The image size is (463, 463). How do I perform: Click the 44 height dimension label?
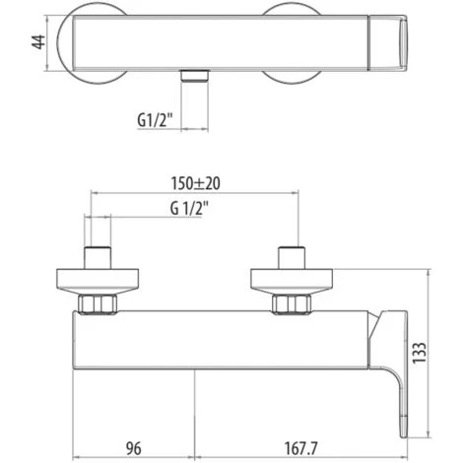click(39, 41)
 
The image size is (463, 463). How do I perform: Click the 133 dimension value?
click(420, 353)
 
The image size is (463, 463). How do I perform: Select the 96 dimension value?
click(134, 449)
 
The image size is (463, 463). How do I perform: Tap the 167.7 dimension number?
click(300, 449)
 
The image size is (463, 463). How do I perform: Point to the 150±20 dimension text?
click(195, 183)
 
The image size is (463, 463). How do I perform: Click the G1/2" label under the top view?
click(155, 120)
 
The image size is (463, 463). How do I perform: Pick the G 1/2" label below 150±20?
click(189, 208)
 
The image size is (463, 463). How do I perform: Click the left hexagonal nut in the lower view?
click(98, 303)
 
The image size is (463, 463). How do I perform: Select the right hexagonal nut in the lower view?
click(292, 303)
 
